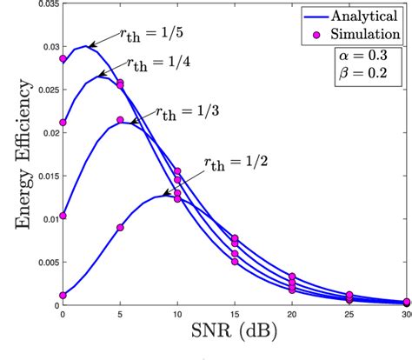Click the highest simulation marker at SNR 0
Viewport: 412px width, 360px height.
[63, 59]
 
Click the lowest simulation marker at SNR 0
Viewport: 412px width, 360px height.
[63, 295]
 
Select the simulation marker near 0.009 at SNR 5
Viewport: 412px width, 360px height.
[120, 228]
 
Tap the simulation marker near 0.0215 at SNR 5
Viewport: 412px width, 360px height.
[120, 120]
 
